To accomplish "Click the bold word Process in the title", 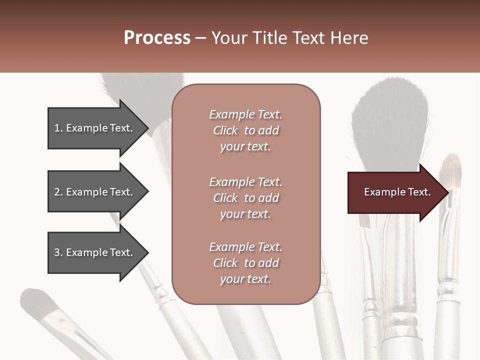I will click(x=157, y=38).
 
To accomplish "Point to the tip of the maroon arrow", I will click(x=447, y=192).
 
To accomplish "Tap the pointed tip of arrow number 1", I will click(x=147, y=128).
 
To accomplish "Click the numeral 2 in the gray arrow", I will click(x=57, y=192).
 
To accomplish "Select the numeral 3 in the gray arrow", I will click(x=57, y=252).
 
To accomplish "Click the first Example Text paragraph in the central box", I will click(x=245, y=130).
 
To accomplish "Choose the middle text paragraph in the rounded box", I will click(x=245, y=198).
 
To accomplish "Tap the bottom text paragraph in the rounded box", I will click(x=245, y=263).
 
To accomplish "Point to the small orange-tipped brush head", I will click(x=450, y=170).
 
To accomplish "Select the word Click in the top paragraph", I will click(x=225, y=130).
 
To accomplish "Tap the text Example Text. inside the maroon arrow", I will click(x=397, y=192).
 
